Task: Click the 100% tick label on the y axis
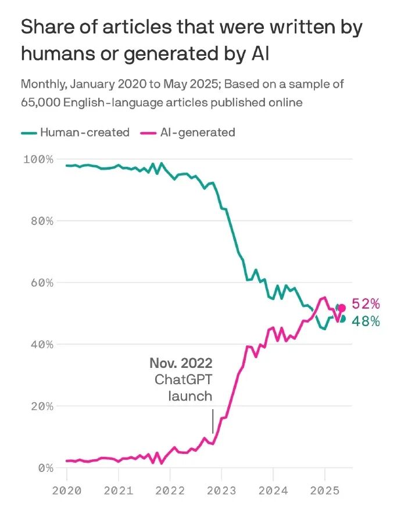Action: point(38,159)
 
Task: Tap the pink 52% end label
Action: point(366,304)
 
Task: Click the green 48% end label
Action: point(366,321)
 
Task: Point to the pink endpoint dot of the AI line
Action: point(342,308)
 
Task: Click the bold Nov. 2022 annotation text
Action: point(181,364)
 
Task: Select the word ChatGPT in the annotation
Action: point(183,380)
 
